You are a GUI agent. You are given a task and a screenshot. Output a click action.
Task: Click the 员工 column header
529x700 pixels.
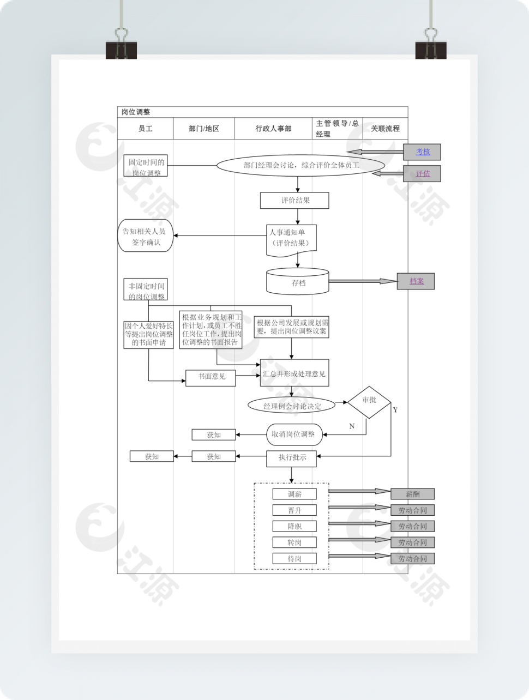145,129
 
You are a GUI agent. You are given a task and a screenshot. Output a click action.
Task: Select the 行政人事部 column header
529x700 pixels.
273,129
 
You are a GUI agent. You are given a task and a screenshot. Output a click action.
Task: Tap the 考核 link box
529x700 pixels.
422,152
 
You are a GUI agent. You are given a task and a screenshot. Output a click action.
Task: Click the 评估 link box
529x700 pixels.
422,174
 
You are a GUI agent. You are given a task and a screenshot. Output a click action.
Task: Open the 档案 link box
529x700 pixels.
416,281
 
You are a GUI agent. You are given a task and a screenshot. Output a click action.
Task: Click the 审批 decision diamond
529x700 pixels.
369,402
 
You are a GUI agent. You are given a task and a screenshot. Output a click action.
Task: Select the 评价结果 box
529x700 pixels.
294,201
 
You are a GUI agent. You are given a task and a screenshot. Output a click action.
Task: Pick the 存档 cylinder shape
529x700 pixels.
298,282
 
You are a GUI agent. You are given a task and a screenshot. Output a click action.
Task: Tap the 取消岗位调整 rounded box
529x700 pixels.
293,435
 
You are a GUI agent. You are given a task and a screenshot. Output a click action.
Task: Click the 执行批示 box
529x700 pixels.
292,458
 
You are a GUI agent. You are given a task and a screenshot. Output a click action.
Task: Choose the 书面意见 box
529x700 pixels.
211,377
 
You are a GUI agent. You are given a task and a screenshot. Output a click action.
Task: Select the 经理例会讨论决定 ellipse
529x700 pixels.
292,406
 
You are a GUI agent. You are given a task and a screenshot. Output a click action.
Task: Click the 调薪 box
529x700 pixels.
294,494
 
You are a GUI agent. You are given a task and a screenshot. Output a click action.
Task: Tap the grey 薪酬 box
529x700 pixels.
412,494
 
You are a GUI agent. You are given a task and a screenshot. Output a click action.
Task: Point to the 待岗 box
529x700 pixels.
294,559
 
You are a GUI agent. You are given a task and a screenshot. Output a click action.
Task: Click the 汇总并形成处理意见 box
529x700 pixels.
294,373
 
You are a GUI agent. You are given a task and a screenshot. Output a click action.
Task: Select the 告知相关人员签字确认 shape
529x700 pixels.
145,236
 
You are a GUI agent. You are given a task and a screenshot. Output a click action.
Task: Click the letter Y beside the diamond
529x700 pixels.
395,410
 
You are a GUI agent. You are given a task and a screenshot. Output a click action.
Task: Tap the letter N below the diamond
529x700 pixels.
352,426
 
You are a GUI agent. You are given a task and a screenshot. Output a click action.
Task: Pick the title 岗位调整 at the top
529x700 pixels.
136,112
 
